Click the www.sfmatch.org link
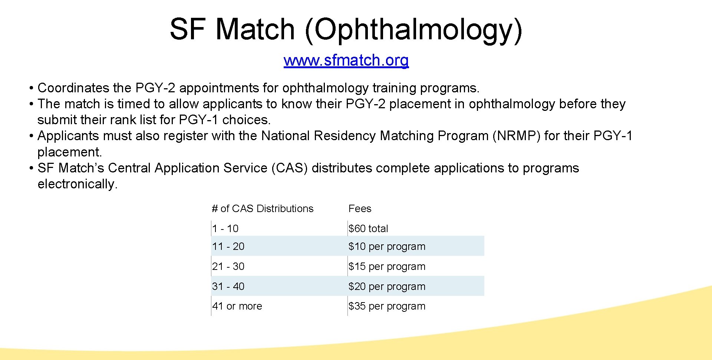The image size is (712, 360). point(346,60)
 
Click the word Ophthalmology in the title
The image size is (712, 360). point(413,30)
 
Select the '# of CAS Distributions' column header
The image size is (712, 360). point(263,209)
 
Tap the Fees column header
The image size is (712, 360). point(360,209)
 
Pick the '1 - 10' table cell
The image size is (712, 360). point(225,229)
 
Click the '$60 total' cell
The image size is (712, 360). point(368,229)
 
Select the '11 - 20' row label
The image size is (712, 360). point(228,247)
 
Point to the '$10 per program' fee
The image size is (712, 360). point(387,247)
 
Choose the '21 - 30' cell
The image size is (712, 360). point(228,267)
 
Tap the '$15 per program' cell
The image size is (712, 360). point(387,267)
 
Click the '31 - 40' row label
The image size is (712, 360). point(228,287)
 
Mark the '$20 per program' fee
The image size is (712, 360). point(387,287)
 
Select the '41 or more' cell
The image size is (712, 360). point(237,306)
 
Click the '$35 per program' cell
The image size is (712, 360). point(387,306)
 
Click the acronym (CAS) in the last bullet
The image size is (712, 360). point(290,168)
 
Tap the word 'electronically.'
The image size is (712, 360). point(78,184)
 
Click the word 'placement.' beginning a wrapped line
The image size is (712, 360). point(69,152)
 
